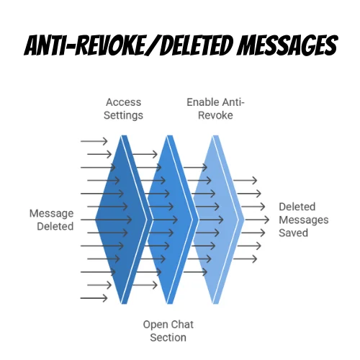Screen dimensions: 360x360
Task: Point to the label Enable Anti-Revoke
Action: click(215, 109)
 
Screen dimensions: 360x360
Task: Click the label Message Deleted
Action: click(51, 220)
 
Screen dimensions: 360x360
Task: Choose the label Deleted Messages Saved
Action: click(303, 220)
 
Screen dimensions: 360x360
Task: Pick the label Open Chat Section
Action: click(167, 330)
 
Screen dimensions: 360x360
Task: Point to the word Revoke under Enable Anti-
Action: click(215, 115)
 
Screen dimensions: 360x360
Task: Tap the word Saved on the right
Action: click(293, 233)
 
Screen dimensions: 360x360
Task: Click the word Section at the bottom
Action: click(167, 337)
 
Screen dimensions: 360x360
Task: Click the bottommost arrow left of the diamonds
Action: click(94, 297)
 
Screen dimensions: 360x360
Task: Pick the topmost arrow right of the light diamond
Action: click(247, 181)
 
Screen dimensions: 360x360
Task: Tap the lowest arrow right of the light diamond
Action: click(247, 258)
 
